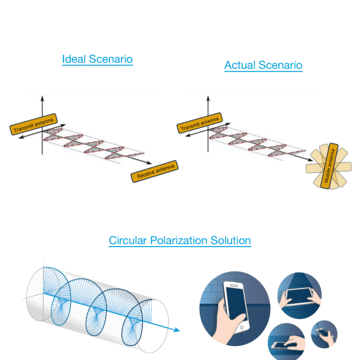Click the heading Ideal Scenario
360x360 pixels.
(97, 59)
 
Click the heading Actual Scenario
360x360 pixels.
(263, 65)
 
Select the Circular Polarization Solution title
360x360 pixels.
(180, 240)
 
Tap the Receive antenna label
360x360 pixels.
(155, 172)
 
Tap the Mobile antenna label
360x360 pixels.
(329, 166)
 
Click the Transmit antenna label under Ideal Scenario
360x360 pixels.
(34, 124)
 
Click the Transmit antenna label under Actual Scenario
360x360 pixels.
(200, 123)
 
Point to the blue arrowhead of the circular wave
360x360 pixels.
(176, 330)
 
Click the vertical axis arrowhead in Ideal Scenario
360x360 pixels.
(42, 98)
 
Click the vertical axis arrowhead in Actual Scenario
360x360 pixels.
(208, 98)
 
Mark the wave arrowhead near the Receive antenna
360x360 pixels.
(149, 162)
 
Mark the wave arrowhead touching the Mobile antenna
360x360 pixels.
(310, 160)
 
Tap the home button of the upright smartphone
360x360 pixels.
(242, 327)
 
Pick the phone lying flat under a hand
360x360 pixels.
(280, 345)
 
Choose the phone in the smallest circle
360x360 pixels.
(322, 333)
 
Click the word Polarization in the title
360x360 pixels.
(177, 240)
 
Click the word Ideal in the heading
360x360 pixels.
(74, 59)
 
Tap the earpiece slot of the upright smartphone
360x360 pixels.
(233, 285)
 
